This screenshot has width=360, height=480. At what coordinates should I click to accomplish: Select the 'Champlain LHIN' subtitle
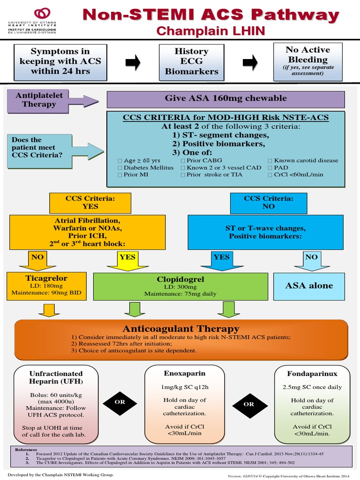tap(210, 31)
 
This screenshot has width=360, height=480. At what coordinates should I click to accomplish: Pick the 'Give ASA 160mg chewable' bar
tap(225, 98)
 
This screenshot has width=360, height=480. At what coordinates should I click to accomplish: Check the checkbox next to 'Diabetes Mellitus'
tap(120, 168)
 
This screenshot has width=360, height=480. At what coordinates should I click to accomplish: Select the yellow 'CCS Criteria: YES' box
tap(90, 202)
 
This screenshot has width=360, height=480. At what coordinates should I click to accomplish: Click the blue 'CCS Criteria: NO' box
tap(269, 202)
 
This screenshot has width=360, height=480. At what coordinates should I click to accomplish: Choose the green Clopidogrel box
tap(180, 286)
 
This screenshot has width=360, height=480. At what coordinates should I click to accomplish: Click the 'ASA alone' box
tap(309, 285)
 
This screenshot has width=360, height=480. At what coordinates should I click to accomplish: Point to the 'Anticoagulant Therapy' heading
tap(181, 329)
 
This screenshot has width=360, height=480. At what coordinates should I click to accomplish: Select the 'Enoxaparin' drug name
tap(178, 374)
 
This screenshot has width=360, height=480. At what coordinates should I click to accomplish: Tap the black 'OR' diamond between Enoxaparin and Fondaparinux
tap(248, 404)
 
